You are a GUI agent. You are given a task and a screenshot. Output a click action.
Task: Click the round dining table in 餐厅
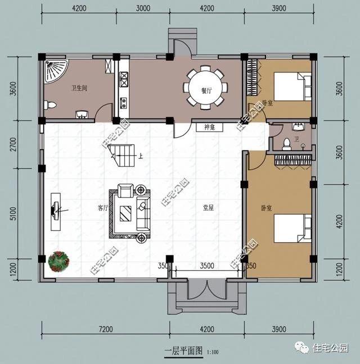pyautogui.click(x=206, y=88)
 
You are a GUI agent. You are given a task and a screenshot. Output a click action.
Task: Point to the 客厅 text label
pyautogui.click(x=102, y=207)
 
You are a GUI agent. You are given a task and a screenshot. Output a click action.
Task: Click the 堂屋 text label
pyautogui.click(x=208, y=207)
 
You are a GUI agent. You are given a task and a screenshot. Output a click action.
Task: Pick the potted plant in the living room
pyautogui.click(x=58, y=261)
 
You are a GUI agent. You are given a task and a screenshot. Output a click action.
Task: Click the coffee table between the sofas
pyautogui.click(x=126, y=213)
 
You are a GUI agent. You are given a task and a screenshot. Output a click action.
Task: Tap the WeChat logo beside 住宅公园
pyautogui.click(x=304, y=348)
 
